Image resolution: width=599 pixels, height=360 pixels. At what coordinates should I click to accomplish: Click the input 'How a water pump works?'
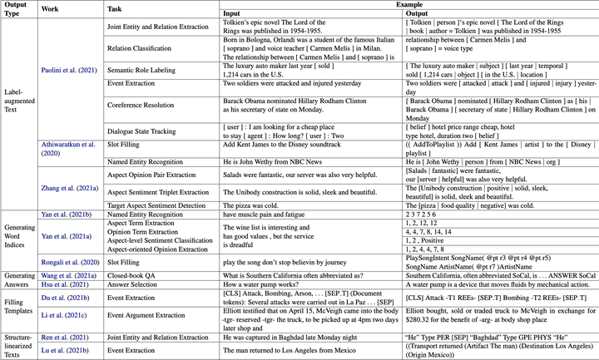[x=257, y=283]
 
